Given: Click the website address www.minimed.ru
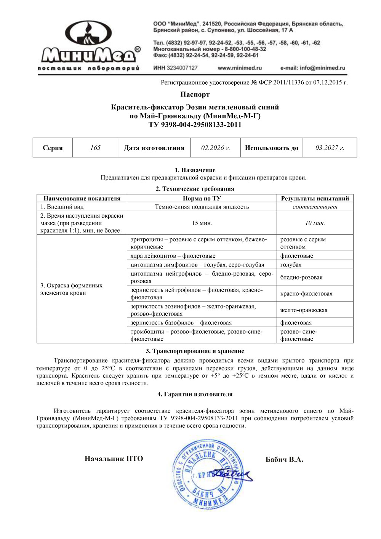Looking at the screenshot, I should [240, 68].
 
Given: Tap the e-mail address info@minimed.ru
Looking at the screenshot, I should [312, 68].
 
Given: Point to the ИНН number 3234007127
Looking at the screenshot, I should [176, 68].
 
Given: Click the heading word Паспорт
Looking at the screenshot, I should [195, 95].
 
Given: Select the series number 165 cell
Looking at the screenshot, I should [95, 148].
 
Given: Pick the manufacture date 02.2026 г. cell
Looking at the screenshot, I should [215, 148].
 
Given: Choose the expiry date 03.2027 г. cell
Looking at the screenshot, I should [330, 148].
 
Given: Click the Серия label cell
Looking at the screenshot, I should [53, 148].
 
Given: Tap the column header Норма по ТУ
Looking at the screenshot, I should [202, 198].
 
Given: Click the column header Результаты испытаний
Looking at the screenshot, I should [315, 198].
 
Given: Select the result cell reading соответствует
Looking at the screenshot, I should [315, 207].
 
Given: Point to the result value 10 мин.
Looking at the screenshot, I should [315, 223].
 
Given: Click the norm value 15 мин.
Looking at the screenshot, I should [202, 223].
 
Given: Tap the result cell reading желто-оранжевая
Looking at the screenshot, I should [304, 310].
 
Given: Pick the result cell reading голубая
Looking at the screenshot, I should [291, 265].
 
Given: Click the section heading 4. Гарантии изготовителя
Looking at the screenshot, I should [195, 394].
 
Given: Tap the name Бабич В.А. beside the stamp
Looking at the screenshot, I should [284, 459].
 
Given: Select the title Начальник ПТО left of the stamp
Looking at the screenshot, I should [114, 459].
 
